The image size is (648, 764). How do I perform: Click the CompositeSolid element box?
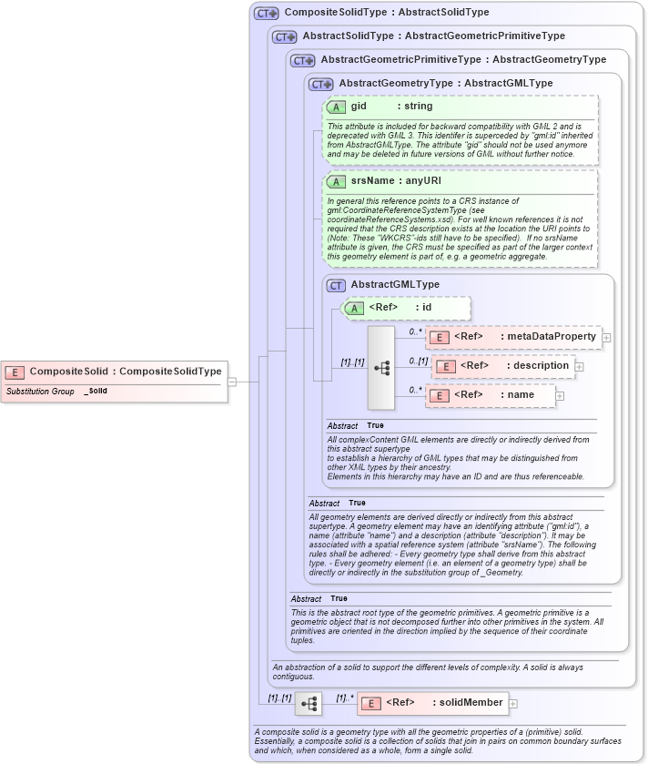click(113, 372)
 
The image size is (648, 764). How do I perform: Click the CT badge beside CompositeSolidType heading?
click(267, 13)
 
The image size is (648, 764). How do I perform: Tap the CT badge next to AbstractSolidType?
click(285, 36)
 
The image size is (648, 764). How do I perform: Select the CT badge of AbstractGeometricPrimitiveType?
click(303, 60)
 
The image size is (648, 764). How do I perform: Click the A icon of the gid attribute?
click(335, 107)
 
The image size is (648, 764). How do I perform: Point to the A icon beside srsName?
click(335, 181)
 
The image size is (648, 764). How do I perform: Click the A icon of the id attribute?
click(352, 308)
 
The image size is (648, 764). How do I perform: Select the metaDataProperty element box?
click(512, 337)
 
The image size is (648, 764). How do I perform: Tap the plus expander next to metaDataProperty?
click(606, 338)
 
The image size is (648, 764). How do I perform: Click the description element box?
click(502, 366)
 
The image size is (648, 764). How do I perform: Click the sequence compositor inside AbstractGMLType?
click(381, 368)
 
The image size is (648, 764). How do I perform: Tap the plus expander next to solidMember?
click(513, 703)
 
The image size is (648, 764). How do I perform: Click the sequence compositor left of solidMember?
click(309, 703)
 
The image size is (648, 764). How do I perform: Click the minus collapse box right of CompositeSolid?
click(232, 382)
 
